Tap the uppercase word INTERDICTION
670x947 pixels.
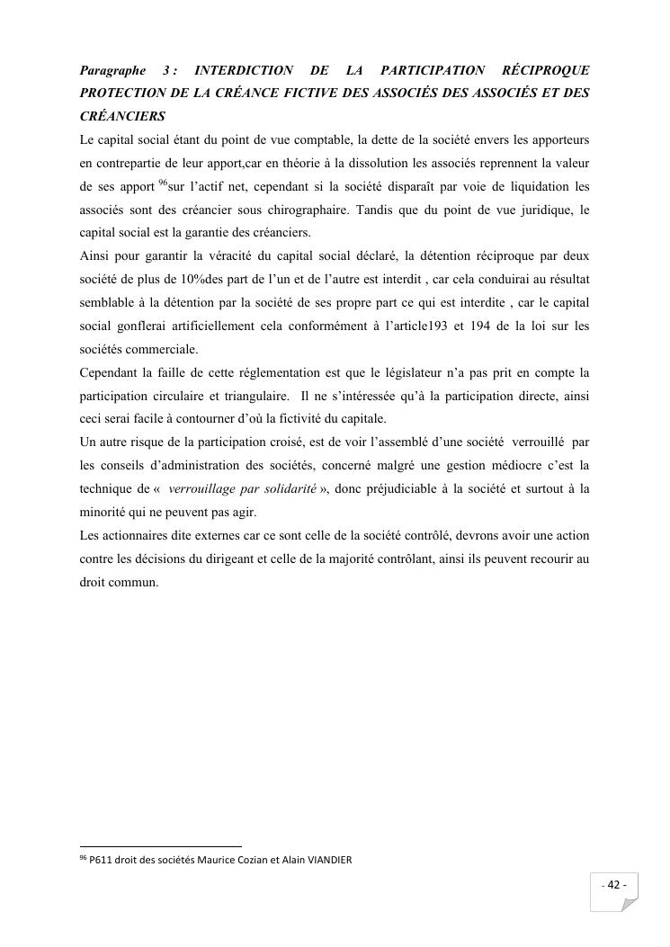point(244,70)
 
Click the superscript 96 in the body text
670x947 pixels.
point(163,183)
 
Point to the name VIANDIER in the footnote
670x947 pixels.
point(325,860)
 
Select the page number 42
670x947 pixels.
point(615,885)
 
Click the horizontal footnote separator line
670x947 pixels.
point(161,846)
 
